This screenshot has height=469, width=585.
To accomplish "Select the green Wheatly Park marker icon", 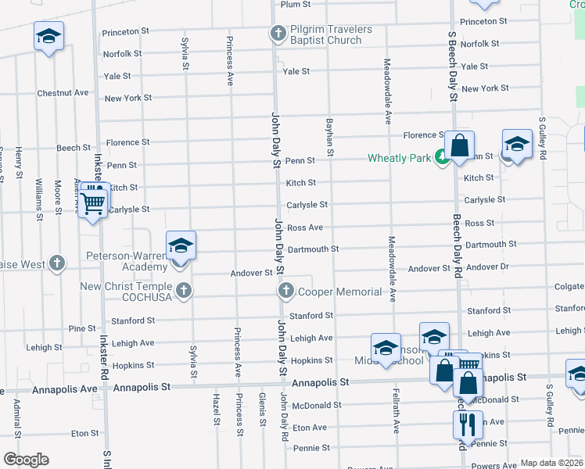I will coord(442,158).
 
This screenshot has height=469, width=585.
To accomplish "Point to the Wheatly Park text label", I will coord(399,159).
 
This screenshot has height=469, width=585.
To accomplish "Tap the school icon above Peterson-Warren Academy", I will coord(181,246).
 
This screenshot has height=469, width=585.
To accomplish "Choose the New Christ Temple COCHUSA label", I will coord(125,292).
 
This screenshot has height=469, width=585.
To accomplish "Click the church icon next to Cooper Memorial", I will coord(285,292).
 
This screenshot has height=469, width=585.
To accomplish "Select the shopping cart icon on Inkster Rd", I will coord(93,204).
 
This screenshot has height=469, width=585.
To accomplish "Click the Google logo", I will coord(26,460).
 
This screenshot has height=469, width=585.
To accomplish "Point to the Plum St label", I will coord(295,5).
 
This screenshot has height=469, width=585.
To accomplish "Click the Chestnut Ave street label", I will coord(63,92).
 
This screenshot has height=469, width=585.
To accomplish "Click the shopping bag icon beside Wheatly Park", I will coord(459,145).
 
